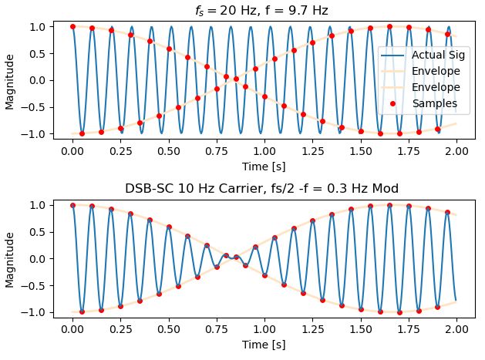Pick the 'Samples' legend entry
coord(434,103)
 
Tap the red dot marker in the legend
coord(394,103)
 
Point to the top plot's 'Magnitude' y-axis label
coord(11,80)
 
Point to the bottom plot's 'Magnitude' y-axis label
coord(11,258)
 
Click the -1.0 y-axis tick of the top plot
coord(35,134)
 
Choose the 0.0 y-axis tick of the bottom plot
coord(39,258)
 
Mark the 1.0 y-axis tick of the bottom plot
coord(39,205)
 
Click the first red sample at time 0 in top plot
coord(72,26)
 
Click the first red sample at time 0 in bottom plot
coord(72,205)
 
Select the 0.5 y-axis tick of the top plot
coord(39,53)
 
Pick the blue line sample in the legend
coord(394,56)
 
